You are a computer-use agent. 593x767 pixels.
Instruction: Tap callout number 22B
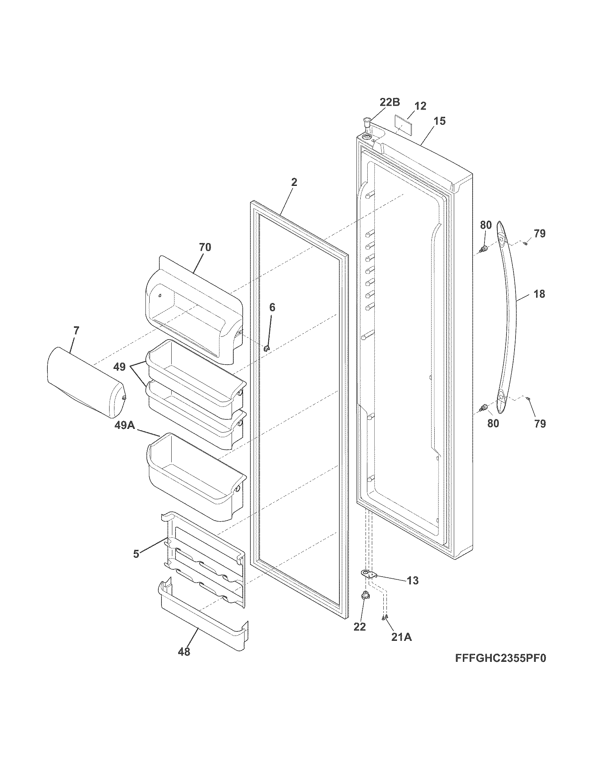click(x=390, y=102)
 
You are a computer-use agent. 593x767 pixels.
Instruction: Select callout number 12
click(x=420, y=106)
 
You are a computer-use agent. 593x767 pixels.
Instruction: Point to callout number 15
click(x=439, y=121)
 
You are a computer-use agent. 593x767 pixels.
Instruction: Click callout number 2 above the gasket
click(x=294, y=182)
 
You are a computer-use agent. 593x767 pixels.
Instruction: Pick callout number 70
click(x=205, y=247)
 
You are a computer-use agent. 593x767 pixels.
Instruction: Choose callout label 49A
click(x=124, y=426)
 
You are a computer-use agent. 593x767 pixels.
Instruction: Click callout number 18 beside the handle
click(x=539, y=294)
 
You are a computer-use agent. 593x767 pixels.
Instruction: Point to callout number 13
click(x=413, y=580)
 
